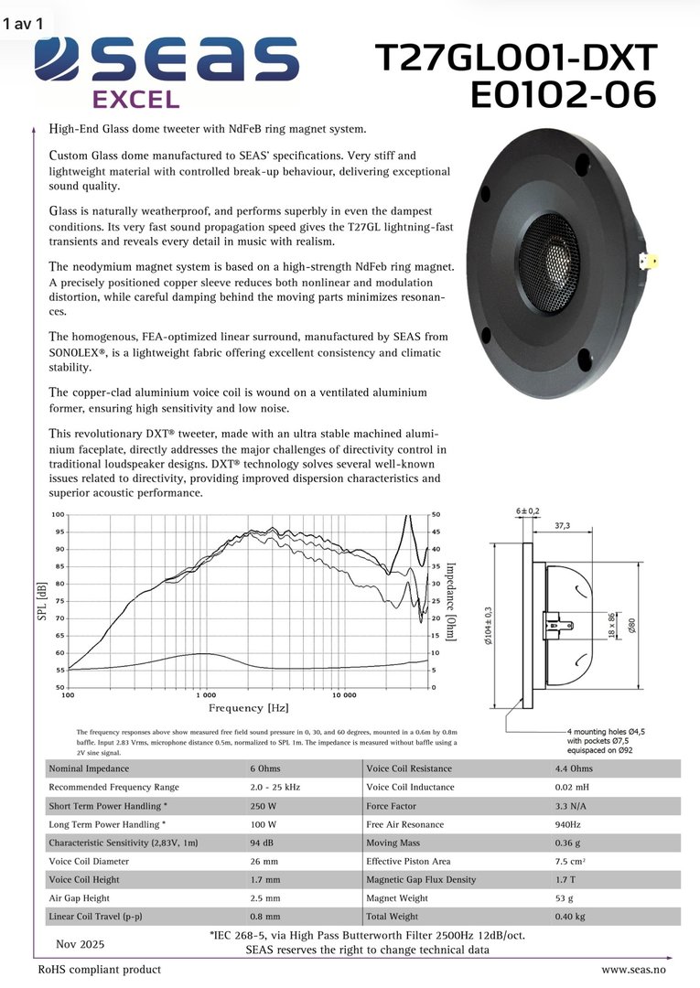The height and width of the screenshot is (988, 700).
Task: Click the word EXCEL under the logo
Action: pyautogui.click(x=136, y=99)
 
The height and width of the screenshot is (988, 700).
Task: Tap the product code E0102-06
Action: pyautogui.click(x=563, y=94)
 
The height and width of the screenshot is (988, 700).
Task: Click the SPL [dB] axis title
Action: pyautogui.click(x=41, y=600)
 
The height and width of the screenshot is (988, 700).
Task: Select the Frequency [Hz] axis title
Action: pyautogui.click(x=249, y=708)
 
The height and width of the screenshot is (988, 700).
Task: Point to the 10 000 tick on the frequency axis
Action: pyautogui.click(x=344, y=695)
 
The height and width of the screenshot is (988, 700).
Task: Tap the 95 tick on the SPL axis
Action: pyautogui.click(x=59, y=532)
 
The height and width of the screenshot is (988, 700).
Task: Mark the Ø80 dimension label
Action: pyautogui.click(x=630, y=626)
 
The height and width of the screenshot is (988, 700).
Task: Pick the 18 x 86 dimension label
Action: pyautogui.click(x=610, y=626)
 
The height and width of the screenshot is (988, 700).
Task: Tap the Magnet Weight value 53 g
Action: pyautogui.click(x=565, y=897)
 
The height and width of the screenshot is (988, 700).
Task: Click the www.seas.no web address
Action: pyautogui.click(x=632, y=969)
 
